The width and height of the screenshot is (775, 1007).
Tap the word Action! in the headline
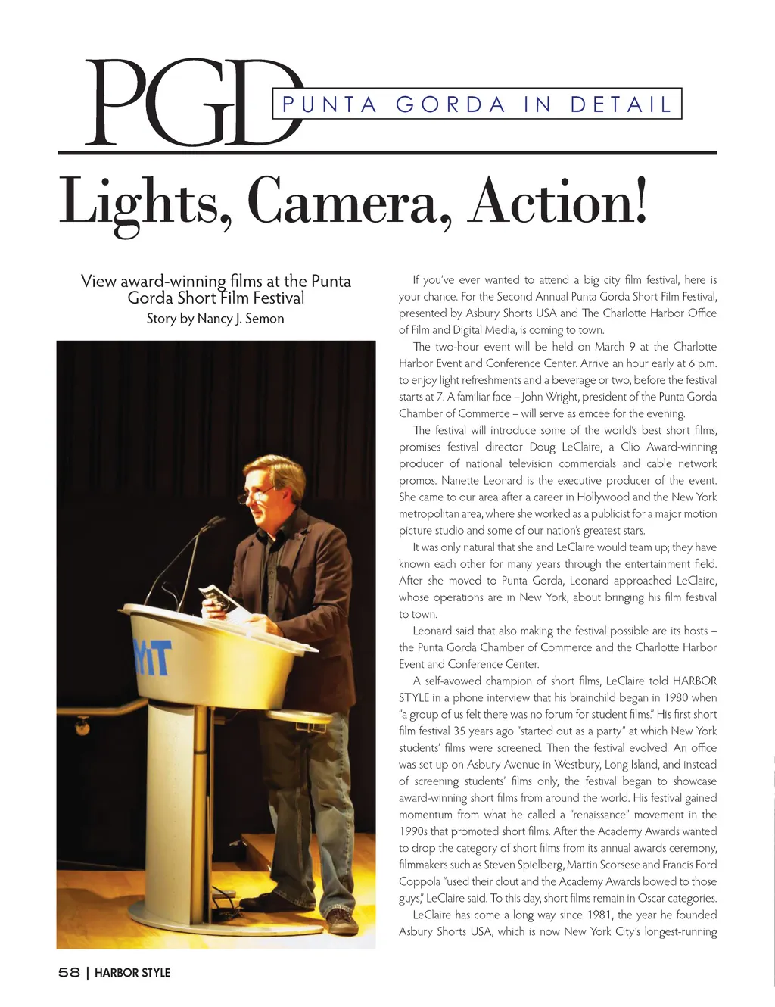[x=558, y=201]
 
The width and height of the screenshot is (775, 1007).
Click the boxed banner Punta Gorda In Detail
[x=477, y=104]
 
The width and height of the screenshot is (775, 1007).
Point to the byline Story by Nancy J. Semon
[x=215, y=319]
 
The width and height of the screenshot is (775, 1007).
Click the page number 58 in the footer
[x=69, y=972]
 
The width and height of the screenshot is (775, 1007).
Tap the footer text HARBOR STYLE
[x=132, y=972]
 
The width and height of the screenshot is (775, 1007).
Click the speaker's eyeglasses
[x=255, y=495]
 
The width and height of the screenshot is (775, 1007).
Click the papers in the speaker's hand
[x=219, y=598]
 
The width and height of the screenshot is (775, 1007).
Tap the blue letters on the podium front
[x=152, y=656]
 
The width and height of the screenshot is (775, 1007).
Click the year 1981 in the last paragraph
[x=599, y=915]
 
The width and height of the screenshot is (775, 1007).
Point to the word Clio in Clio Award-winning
[x=631, y=447]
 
